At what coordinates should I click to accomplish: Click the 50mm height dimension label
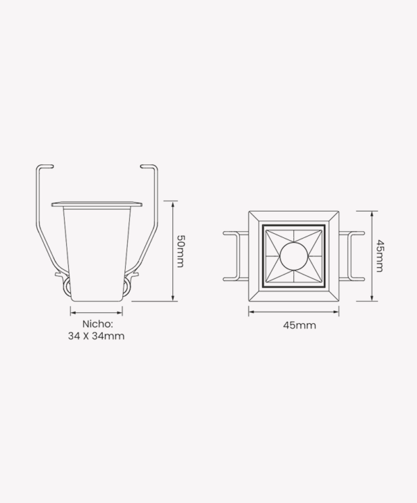(x=181, y=251)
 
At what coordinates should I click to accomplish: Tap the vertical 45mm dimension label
(x=379, y=256)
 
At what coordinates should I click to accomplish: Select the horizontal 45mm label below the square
(x=300, y=325)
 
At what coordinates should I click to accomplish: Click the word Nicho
(x=98, y=324)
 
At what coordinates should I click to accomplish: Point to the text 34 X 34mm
(x=96, y=336)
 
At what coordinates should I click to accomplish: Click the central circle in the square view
(x=294, y=256)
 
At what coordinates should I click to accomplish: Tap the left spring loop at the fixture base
(x=67, y=287)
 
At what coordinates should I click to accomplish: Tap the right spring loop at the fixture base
(x=127, y=286)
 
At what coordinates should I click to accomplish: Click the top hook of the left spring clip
(x=44, y=167)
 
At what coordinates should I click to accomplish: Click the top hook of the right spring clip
(x=149, y=167)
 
